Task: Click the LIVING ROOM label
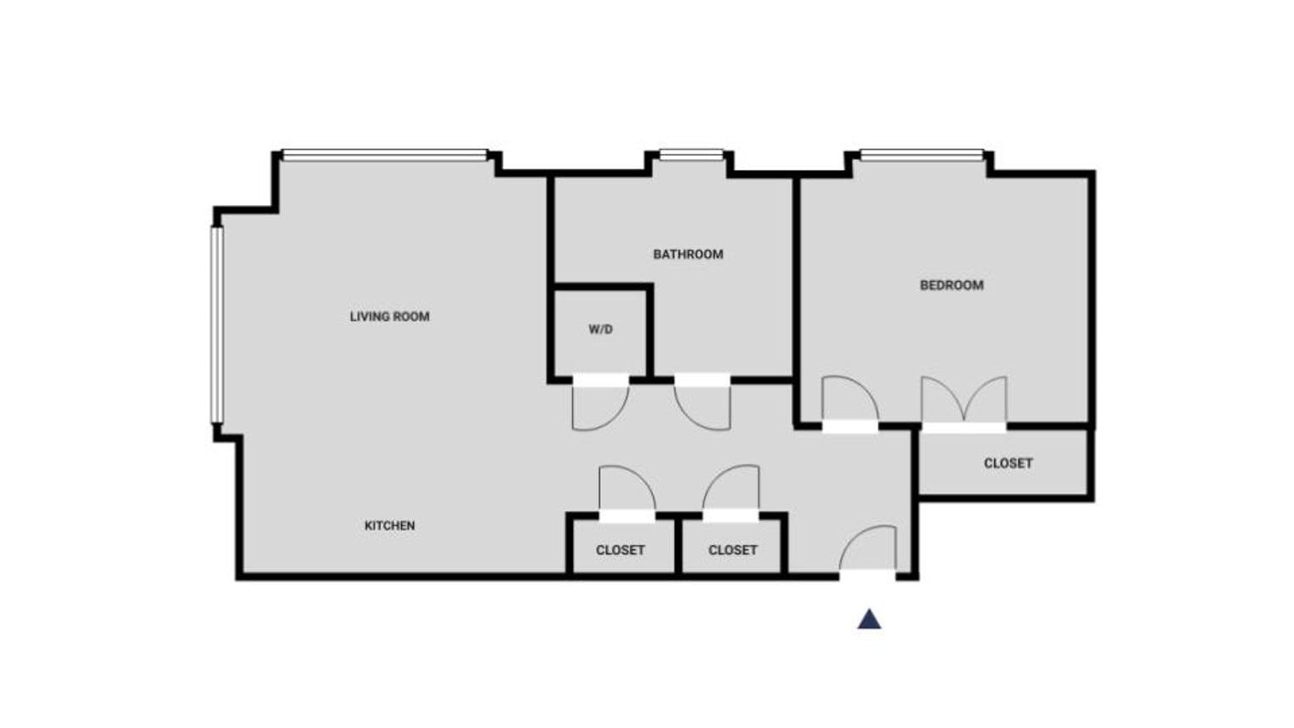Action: coord(389,317)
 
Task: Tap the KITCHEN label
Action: coord(389,526)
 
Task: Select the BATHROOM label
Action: coord(688,255)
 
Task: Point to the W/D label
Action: coord(600,330)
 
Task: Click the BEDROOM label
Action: coord(951,285)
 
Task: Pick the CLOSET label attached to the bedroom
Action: coord(1008,463)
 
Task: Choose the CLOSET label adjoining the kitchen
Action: coord(620,550)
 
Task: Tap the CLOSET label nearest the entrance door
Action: coord(732,550)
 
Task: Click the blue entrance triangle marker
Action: coord(868,620)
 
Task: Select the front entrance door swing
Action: coord(868,549)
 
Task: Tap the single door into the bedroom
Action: coord(850,400)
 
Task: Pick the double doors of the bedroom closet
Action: coord(964,400)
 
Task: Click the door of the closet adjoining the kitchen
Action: coord(627,490)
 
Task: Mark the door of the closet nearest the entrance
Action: coord(731,490)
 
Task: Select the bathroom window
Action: coord(691,155)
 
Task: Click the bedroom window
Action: coord(920,155)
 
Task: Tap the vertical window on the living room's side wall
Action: coord(216,324)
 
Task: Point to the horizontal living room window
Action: coord(385,155)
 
